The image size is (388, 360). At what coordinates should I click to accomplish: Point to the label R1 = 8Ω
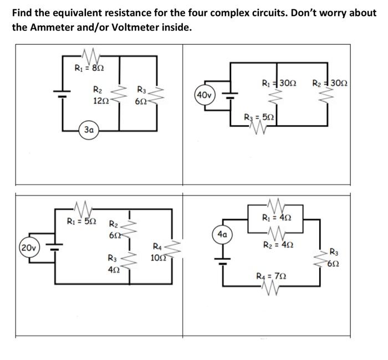coord(89,68)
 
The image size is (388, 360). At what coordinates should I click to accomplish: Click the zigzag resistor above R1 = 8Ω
coord(89,55)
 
